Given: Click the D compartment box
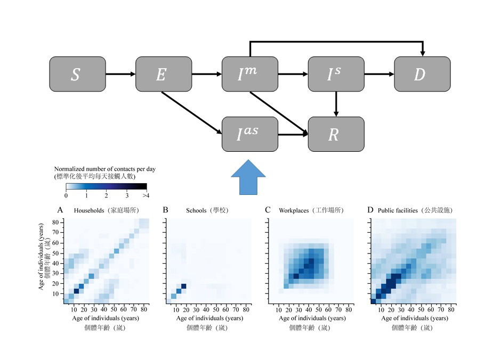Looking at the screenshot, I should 422,75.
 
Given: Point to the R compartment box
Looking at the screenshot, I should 336,134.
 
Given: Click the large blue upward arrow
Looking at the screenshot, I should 247,181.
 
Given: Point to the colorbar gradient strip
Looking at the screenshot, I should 106,186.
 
